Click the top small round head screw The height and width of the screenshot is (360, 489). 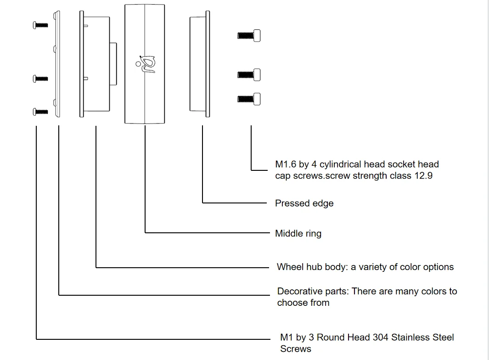tap(40, 24)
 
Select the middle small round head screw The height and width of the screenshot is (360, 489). tap(40, 79)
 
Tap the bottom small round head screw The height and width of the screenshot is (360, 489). tap(40, 112)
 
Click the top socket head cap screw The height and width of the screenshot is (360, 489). tap(249, 35)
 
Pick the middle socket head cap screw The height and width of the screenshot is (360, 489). tap(249, 74)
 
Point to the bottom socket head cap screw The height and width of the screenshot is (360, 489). tap(249, 98)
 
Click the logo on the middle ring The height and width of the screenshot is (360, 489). tap(146, 63)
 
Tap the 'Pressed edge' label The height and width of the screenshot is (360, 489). tap(304, 203)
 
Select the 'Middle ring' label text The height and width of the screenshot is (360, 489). tap(298, 234)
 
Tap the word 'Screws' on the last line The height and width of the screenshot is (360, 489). tap(295, 349)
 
